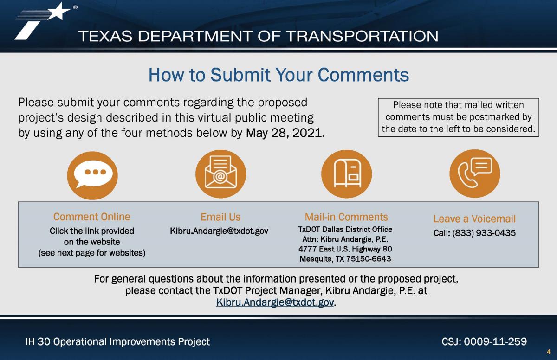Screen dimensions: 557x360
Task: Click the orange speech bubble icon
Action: point(92,175)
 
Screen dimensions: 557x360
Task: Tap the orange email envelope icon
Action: point(221,174)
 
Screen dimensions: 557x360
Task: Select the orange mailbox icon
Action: point(347,174)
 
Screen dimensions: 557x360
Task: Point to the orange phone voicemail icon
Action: point(475,174)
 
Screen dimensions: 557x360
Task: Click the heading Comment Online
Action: point(92,217)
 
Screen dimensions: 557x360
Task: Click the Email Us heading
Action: point(220,217)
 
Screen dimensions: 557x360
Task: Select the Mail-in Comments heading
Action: point(346,217)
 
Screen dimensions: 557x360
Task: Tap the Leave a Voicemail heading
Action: point(475,219)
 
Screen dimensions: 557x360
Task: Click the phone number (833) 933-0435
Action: point(484,233)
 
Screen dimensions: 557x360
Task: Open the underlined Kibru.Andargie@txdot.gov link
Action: point(275,302)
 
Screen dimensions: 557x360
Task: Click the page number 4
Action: point(549,352)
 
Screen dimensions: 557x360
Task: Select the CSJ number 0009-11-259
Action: point(495,341)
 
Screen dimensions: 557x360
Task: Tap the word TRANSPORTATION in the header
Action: point(363,36)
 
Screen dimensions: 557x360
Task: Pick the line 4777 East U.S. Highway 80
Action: point(345,249)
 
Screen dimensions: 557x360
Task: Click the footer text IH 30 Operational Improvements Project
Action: point(117,342)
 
